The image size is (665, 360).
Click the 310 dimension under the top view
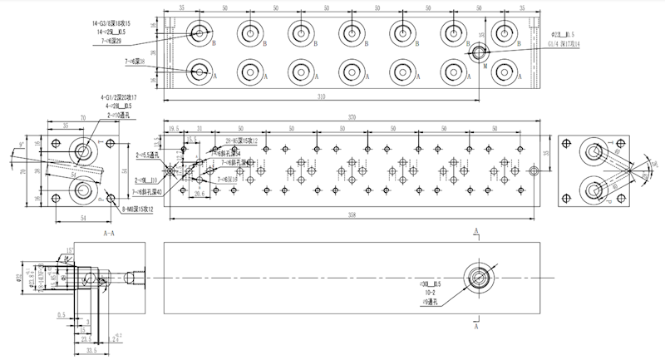pos(345,97)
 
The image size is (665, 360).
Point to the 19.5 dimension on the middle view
pos(174,128)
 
